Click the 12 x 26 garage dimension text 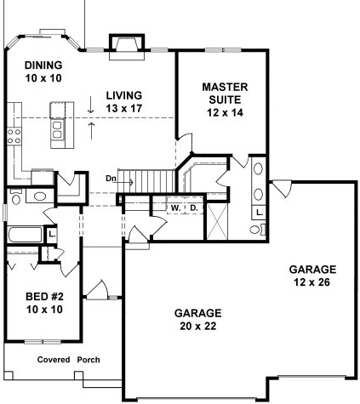311,275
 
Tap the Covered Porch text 68,360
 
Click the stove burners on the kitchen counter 14,134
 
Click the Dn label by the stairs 111,179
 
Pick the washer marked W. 175,207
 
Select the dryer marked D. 193,207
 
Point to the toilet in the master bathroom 256,228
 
